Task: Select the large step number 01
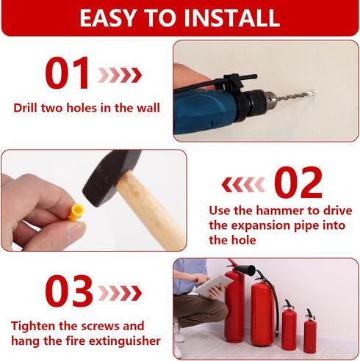coord(68,74)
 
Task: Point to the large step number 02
coord(298,183)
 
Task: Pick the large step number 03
coord(69,293)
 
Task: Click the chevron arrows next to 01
coord(119,75)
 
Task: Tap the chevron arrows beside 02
coord(243,184)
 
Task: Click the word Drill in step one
coord(27,109)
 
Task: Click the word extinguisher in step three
coord(126,340)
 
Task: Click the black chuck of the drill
coord(265,101)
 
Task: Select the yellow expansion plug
coord(74,213)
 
